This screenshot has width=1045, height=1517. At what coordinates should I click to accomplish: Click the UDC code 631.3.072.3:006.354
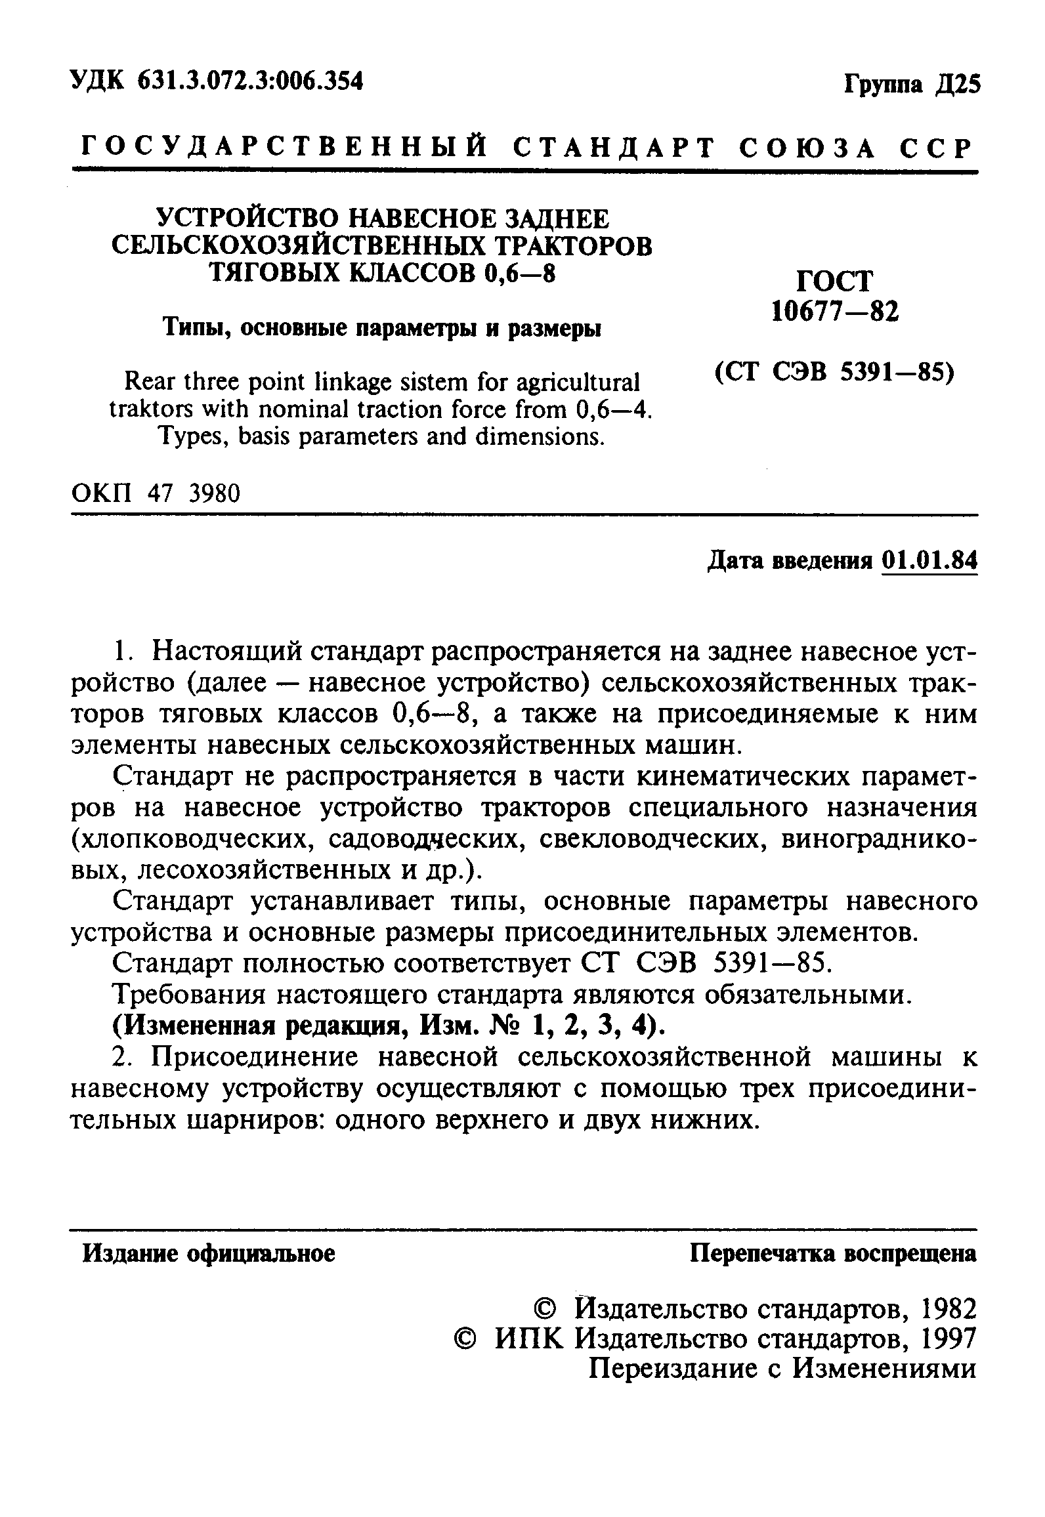point(251,81)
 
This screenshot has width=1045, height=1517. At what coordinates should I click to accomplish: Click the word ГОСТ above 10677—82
point(835,281)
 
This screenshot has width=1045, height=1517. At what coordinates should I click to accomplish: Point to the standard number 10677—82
point(835,312)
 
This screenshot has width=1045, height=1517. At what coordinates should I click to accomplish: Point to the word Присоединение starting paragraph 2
point(261,1058)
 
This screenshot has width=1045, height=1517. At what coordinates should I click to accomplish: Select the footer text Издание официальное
point(209,1254)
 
